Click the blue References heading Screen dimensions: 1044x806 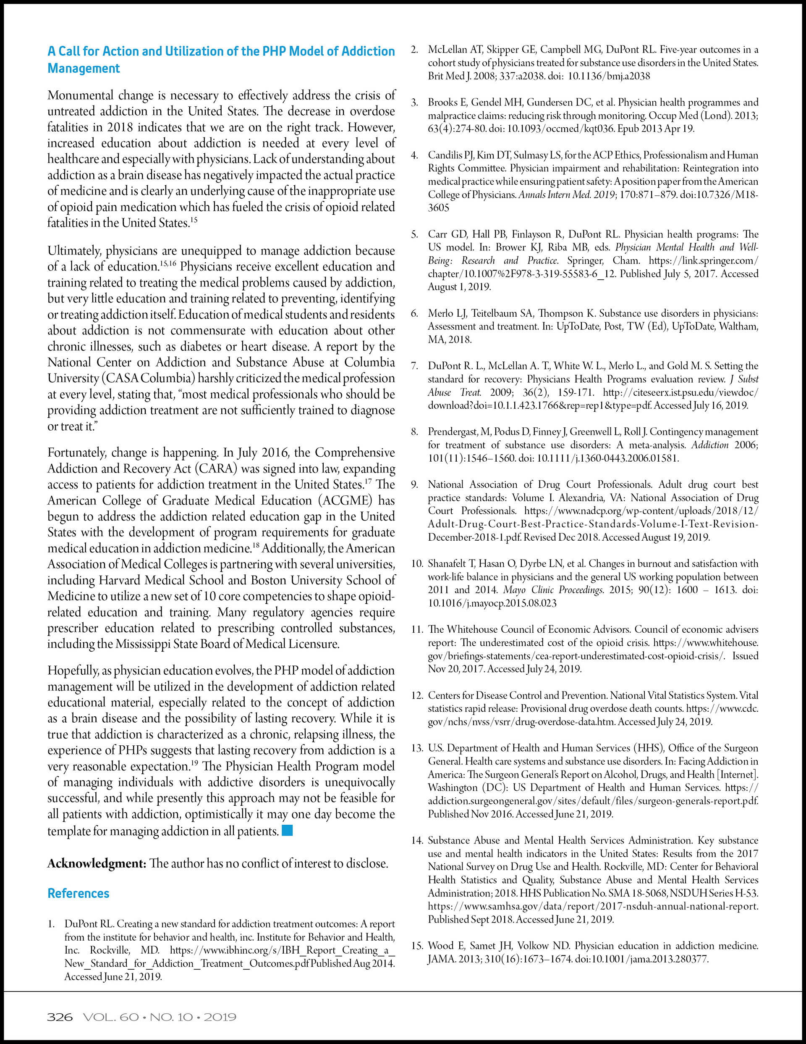[79, 894]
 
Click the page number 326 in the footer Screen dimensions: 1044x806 [59, 1017]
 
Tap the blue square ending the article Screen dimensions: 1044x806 [287, 830]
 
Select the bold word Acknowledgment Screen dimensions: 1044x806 [97, 863]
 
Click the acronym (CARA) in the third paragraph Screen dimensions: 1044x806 [215, 468]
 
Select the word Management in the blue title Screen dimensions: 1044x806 [84, 68]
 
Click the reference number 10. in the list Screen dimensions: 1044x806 [417, 563]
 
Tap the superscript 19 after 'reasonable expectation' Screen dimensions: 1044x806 [194, 763]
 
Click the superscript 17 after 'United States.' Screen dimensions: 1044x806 [368, 481]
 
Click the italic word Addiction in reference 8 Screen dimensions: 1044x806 [709, 445]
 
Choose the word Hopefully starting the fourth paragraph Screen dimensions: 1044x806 [73, 671]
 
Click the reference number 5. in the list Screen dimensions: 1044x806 [415, 234]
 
